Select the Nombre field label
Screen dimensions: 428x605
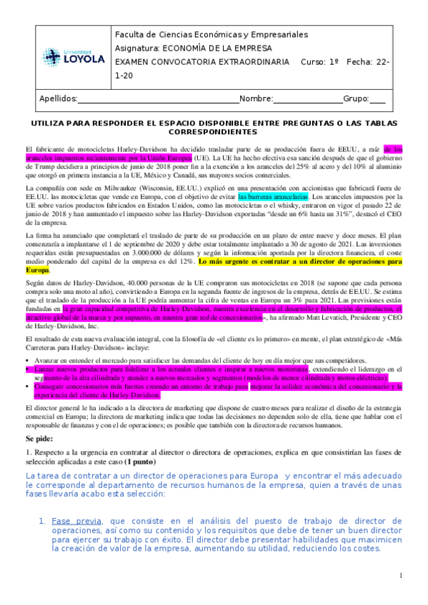point(256,98)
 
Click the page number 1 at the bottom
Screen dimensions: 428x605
point(402,575)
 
